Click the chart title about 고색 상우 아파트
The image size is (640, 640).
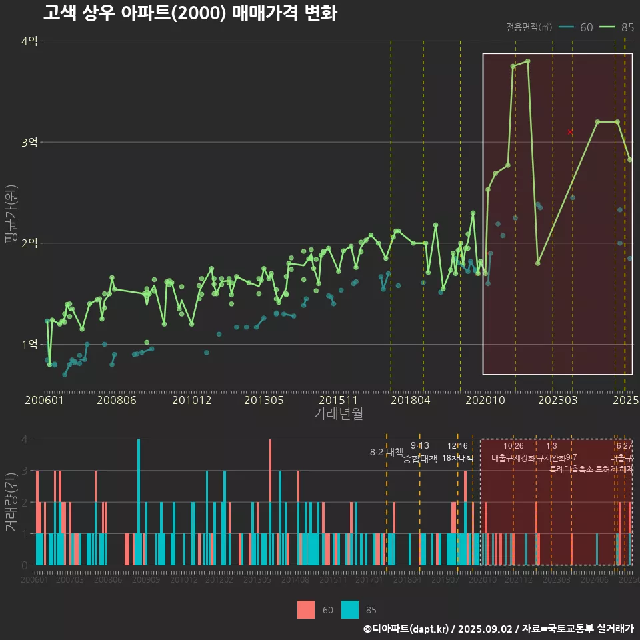190,13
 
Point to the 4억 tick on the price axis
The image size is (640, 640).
29,41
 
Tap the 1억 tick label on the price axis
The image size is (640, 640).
29,345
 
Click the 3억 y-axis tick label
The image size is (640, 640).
29,143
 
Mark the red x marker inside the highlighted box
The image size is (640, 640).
570,132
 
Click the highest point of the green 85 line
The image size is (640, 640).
527,61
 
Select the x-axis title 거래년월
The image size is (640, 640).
338,413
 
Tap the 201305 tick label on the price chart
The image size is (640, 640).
264,400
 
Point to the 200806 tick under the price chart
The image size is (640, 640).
117,400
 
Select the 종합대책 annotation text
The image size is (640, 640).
420,459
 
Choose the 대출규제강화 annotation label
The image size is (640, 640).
513,458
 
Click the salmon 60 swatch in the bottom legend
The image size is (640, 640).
306,609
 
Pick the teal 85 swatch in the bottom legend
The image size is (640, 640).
349,609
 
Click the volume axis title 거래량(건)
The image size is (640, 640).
11,501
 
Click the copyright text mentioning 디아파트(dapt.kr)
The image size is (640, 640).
498,629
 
